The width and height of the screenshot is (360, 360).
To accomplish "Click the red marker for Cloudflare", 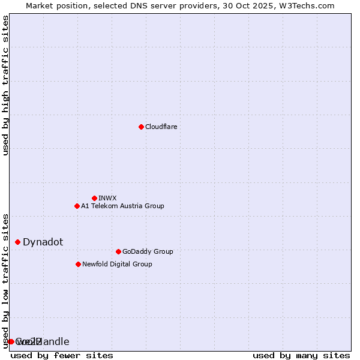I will pyautogui.click(x=141, y=127).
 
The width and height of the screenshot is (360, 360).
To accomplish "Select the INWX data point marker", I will pyautogui.click(x=94, y=198).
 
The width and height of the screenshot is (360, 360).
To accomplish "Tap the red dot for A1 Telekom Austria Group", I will pyautogui.click(x=77, y=206).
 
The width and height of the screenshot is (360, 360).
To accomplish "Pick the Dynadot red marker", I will pyautogui.click(x=17, y=242).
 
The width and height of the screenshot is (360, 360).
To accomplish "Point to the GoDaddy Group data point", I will pyautogui.click(x=118, y=251).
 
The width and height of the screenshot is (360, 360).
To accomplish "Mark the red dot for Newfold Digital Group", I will pyautogui.click(x=78, y=264).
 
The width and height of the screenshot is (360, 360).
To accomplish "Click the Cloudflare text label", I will pyautogui.click(x=161, y=127).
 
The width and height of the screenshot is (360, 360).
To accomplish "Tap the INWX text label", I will pyautogui.click(x=107, y=198).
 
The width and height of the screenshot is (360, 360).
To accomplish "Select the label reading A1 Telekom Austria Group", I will pyautogui.click(x=122, y=206).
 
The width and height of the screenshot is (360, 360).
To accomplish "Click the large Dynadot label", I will pyautogui.click(x=43, y=242).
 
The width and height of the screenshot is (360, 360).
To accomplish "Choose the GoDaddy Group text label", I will pyautogui.click(x=148, y=251).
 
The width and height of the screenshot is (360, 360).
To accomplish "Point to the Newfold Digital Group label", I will pyautogui.click(x=117, y=264).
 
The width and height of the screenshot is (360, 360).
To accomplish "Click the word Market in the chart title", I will pyautogui.click(x=40, y=5).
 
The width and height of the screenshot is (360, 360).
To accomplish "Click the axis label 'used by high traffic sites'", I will pyautogui.click(x=6, y=85).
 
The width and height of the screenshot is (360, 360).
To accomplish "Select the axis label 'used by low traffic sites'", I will pyautogui.click(x=6, y=280).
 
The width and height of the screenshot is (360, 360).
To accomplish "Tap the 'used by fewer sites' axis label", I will pyautogui.click(x=62, y=355).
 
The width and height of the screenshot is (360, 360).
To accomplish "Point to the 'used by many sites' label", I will pyautogui.click(x=301, y=355).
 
